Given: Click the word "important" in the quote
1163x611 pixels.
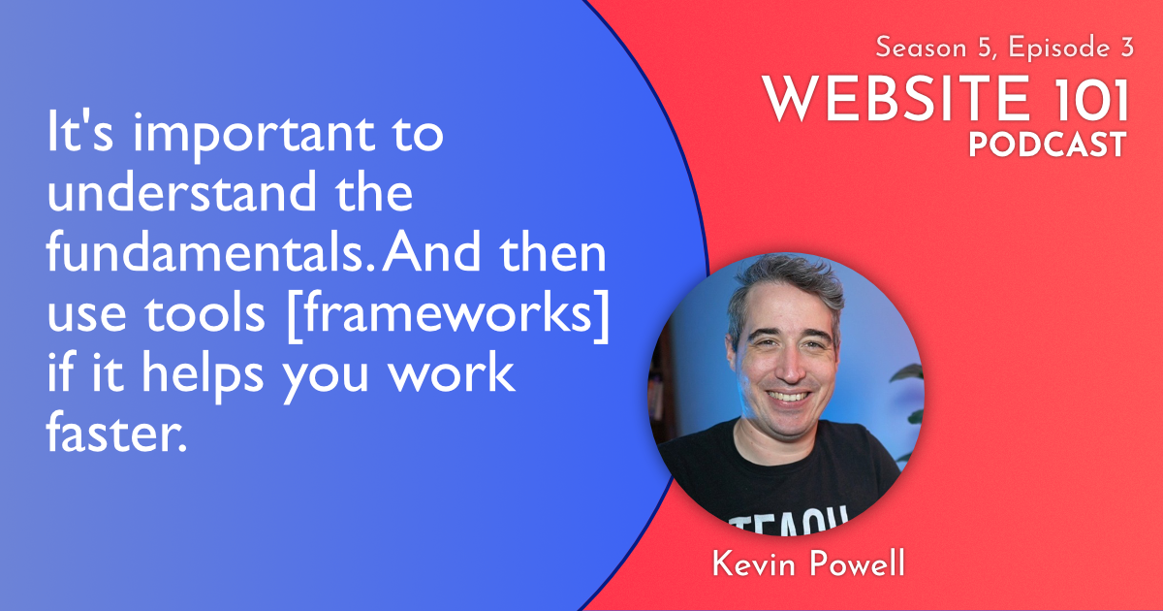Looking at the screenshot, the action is click(253, 136).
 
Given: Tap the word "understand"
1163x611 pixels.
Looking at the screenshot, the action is click(182, 191).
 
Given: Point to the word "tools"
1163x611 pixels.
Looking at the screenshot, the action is click(204, 313).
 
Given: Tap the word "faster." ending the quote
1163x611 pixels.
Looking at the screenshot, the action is click(116, 433).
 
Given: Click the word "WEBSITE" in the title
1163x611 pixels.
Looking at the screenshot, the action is click(896, 99).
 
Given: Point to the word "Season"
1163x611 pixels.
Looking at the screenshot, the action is click(921, 48).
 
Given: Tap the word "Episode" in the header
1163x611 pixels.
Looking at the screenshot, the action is click(1059, 48).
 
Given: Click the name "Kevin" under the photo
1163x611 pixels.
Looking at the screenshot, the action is click(753, 563).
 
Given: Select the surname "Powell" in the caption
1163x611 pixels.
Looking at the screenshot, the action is click(857, 563).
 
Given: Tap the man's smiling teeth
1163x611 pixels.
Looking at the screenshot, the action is click(788, 397).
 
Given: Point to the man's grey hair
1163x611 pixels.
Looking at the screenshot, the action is click(784, 283).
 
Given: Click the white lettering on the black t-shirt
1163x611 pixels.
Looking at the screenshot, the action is click(788, 521).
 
